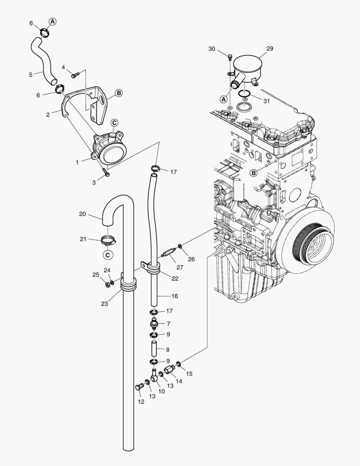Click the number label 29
click(269, 49)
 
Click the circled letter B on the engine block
click(254, 173)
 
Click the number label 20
click(83, 214)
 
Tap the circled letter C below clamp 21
click(108, 255)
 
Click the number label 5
click(31, 75)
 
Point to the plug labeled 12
click(139, 387)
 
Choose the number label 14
click(178, 381)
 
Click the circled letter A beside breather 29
click(223, 99)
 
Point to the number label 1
click(77, 162)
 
